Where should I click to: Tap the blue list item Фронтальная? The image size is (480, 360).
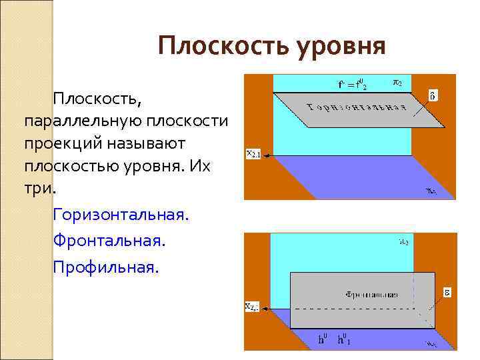click(109, 241)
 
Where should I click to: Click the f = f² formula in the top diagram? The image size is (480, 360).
click(353, 84)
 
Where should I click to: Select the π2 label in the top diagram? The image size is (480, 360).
click(396, 83)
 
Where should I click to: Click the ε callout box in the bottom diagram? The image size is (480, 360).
click(448, 292)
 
